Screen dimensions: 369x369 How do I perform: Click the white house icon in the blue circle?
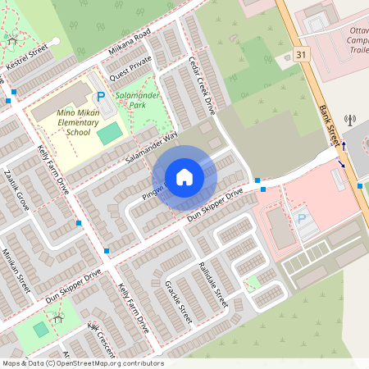coord(184,177)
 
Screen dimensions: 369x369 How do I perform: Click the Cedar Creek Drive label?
coord(201,85)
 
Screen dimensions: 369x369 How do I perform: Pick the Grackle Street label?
coord(179,302)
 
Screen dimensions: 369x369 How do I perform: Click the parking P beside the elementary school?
coord(101,97)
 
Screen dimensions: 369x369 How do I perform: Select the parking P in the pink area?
coord(301,219)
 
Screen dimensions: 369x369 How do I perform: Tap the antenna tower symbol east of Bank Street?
coord(350,120)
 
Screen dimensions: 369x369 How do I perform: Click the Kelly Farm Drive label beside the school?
coord(54,168)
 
